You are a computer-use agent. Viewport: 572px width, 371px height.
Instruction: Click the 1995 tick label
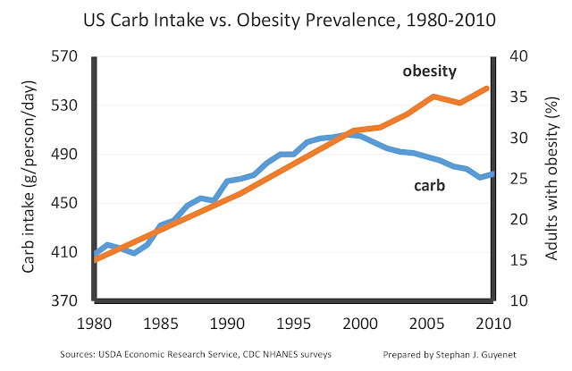tap(293, 322)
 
